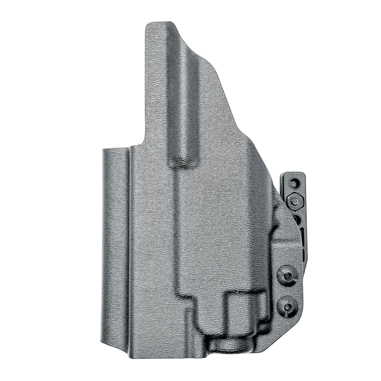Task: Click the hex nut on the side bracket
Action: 295,201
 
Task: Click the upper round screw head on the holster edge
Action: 287,276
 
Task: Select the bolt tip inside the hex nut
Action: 295,201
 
